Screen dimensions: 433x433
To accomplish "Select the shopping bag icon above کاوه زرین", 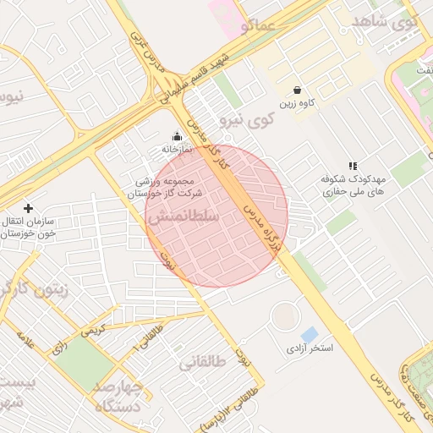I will [x=298, y=90].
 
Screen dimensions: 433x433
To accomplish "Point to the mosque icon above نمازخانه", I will [x=177, y=136].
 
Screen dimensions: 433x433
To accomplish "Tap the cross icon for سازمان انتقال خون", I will [x=28, y=208].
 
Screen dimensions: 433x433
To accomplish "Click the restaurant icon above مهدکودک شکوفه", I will [x=353, y=166].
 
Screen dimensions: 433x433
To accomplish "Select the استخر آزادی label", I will [x=309, y=348].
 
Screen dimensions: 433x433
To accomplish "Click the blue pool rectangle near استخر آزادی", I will [x=310, y=334].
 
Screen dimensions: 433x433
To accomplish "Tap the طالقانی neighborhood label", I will [x=203, y=363].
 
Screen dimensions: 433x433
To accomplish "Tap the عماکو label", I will [x=257, y=26].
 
